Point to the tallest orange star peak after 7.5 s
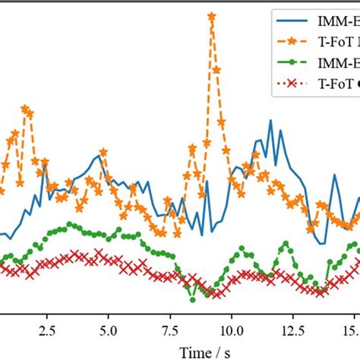[211, 16]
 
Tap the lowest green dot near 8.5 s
[192, 299]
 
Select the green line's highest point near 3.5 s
[71, 224]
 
